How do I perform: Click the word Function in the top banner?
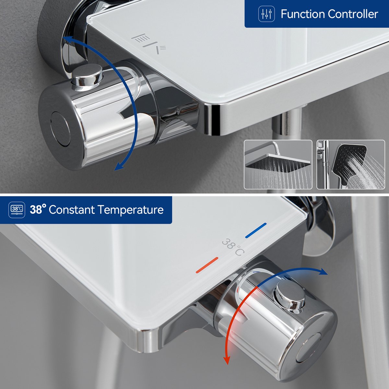coord(303,14)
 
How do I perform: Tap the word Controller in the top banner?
coord(353,14)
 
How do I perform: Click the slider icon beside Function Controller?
coord(266,14)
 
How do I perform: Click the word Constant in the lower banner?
coord(72,209)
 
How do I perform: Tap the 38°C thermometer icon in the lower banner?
coord(17,210)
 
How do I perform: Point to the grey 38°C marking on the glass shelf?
coord(233,247)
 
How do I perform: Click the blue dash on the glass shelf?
coord(256,230)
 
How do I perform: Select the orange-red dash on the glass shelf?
coord(207,265)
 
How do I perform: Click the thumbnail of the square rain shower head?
coord(278,165)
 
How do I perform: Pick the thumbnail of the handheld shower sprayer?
coord(351,165)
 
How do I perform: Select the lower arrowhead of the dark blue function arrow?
coord(120,166)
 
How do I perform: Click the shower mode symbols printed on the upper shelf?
coord(149,44)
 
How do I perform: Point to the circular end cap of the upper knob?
coord(60,129)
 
